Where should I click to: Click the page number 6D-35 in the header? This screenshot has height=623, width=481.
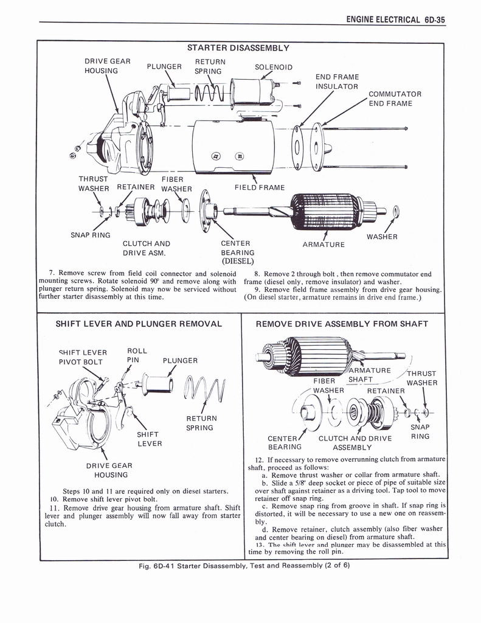tap(434, 19)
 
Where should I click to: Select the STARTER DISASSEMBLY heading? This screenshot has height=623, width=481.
tap(238, 47)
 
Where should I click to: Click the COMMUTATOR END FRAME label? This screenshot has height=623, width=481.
tap(395, 99)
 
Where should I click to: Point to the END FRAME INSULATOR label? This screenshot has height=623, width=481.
tap(336, 82)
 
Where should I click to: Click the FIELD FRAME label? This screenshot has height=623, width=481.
tap(259, 187)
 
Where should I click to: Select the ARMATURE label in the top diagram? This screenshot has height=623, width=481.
tap(324, 245)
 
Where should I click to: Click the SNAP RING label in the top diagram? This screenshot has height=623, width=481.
tap(91, 235)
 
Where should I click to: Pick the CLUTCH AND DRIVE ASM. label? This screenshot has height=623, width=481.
tap(146, 248)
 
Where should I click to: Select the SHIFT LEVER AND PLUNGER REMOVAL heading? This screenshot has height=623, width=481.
tap(139, 324)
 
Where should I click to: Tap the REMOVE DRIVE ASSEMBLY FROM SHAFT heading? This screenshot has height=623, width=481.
tap(342, 324)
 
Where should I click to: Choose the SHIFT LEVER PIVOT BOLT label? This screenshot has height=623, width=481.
tap(83, 357)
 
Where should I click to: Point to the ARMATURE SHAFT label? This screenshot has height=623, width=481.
tap(369, 375)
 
